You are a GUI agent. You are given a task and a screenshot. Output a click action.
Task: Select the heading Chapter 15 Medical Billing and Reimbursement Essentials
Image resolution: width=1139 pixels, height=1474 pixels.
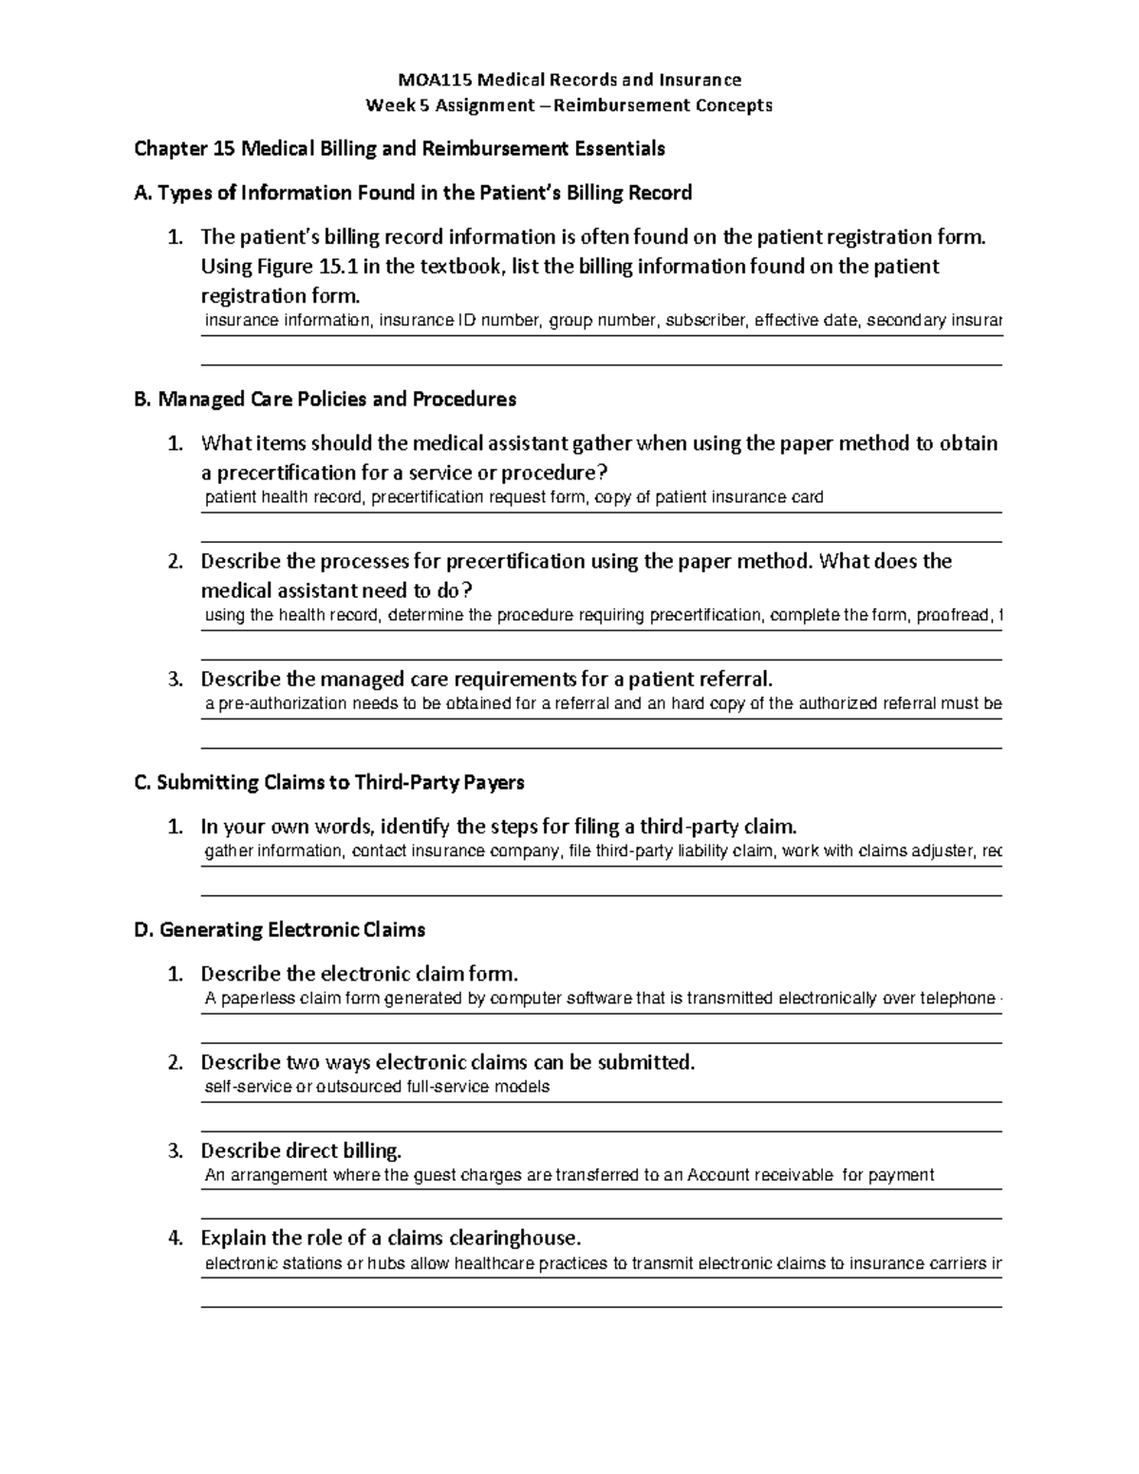tap(400, 149)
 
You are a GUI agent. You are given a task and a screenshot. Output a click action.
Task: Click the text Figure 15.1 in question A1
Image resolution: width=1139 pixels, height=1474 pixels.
tap(297, 267)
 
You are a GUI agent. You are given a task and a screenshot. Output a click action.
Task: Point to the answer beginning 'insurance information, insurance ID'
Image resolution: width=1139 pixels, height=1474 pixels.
tap(602, 321)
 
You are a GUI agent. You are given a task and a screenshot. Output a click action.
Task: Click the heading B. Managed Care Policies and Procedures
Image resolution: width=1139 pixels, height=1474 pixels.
tap(326, 400)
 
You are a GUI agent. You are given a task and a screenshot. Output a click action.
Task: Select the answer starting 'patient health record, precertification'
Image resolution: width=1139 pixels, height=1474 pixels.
tap(513, 497)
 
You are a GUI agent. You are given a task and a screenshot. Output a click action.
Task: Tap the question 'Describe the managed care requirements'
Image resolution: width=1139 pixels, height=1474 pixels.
tap(487, 680)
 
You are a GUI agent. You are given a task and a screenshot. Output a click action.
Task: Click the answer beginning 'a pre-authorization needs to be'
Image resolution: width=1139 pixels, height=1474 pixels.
tap(602, 704)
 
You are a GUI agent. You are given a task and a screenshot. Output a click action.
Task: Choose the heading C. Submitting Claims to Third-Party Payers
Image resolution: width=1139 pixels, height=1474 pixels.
tap(329, 783)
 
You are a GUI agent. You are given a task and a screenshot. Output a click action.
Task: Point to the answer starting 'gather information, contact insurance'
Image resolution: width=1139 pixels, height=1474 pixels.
tap(602, 851)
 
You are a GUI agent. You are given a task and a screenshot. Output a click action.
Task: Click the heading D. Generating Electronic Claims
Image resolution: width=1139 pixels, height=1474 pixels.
tap(280, 930)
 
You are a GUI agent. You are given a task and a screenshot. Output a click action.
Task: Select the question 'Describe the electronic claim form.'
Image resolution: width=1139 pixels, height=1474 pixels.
tap(360, 974)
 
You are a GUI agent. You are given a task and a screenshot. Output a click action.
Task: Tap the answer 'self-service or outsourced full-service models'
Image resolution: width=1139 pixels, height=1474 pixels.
tap(377, 1087)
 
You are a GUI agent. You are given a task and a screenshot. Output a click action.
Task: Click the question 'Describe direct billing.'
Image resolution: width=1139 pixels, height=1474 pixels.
tap(301, 1151)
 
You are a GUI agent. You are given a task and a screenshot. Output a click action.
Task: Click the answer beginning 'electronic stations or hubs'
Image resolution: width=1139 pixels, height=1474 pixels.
tap(602, 1263)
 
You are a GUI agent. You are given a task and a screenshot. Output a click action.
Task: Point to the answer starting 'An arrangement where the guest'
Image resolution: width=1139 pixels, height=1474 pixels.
tap(569, 1175)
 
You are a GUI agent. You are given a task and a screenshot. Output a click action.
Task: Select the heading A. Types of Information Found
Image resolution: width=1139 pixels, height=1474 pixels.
tap(414, 194)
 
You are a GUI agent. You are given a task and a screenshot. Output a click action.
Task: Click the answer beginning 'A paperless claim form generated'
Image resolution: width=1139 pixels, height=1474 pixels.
tap(602, 998)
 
